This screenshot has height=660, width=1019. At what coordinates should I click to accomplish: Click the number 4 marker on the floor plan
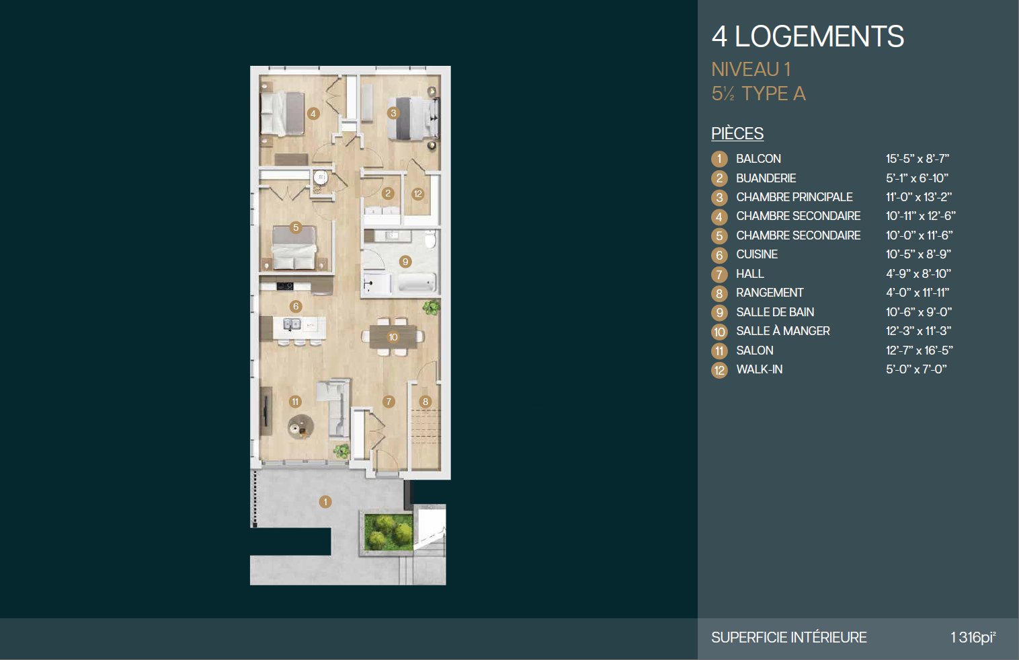[x=313, y=114]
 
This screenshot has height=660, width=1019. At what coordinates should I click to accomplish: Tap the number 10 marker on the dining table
[x=393, y=337]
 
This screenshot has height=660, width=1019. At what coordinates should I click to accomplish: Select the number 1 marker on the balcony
[x=325, y=502]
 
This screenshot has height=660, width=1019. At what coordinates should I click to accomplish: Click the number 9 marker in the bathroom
[x=405, y=262]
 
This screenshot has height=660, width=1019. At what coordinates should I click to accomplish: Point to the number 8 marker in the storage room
[x=425, y=402]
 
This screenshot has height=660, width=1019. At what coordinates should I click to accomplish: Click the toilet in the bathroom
[x=430, y=239]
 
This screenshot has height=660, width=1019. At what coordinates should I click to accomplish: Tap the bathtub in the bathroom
[x=417, y=282]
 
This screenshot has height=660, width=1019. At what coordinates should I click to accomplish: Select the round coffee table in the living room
[x=300, y=427]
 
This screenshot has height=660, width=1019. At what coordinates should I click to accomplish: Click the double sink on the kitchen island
[x=292, y=324]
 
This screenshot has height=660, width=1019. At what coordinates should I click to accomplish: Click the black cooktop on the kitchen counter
[x=285, y=286]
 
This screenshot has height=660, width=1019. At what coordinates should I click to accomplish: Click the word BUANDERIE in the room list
[x=766, y=178]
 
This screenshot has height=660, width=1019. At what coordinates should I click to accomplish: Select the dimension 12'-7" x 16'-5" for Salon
[x=920, y=351]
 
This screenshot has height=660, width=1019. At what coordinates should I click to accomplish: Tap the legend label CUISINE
[x=757, y=254]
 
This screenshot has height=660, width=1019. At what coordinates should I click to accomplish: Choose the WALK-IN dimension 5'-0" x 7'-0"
[x=916, y=369]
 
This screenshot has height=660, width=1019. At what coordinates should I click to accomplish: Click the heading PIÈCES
[x=737, y=133]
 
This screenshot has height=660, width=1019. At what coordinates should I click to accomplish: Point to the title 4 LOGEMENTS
[x=808, y=36]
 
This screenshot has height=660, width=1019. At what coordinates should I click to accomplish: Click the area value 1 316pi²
[x=973, y=636]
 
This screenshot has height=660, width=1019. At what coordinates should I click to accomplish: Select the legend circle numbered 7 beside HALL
[x=719, y=274]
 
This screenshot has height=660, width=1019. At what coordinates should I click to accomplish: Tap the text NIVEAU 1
[x=751, y=70]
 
